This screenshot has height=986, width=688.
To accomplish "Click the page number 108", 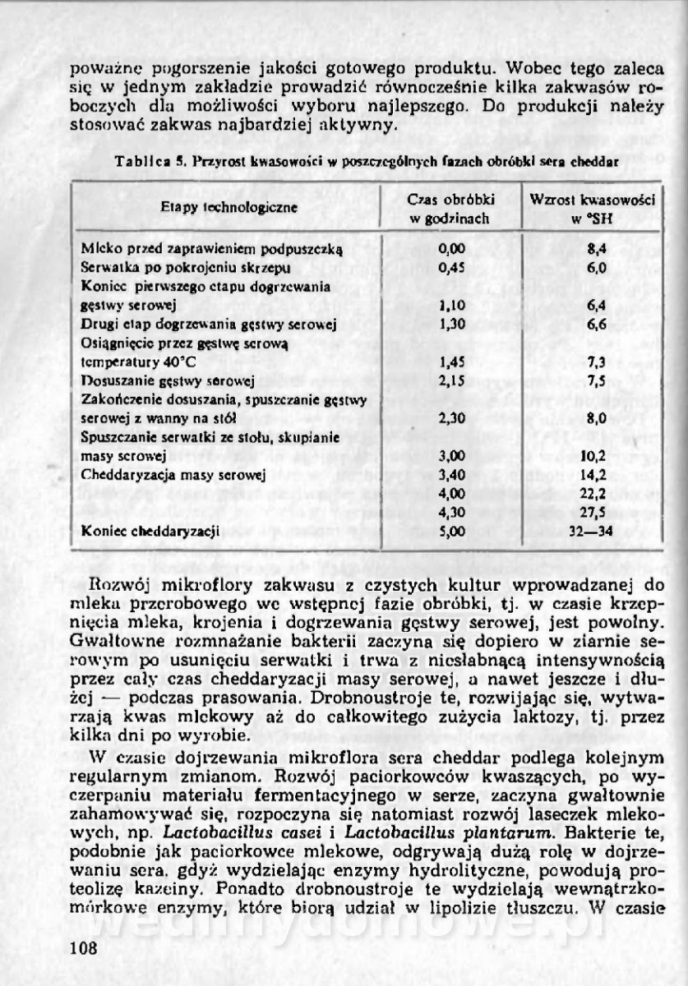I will coord(85,947).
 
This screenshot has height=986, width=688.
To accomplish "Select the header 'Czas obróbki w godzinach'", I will coord(450,209).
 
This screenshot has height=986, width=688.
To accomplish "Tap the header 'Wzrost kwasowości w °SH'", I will coord(592,209).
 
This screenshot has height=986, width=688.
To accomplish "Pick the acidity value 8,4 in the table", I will coord(597,248).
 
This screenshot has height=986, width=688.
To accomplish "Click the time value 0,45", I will coord(452,267).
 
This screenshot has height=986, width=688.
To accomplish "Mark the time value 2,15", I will coord(452,381).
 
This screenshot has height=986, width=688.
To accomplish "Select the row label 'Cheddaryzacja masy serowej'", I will coord(172,475).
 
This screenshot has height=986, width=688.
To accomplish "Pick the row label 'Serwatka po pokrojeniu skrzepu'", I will coord(185,268).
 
